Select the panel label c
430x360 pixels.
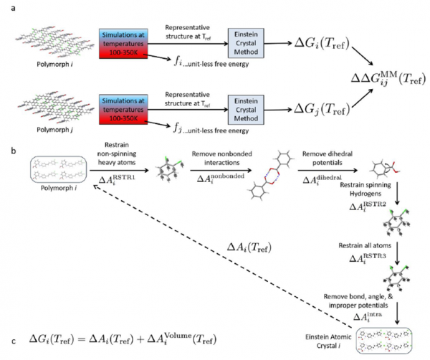[6, 337]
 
